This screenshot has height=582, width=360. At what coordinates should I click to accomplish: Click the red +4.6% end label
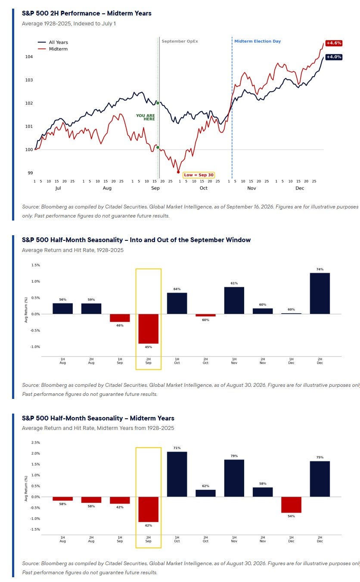334,43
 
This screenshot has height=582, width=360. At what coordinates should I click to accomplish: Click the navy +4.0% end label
334,57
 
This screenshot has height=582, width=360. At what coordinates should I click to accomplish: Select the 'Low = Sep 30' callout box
199,175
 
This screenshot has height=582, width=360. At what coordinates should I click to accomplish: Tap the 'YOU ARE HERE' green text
146,117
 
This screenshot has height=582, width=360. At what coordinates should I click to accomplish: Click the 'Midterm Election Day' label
258,41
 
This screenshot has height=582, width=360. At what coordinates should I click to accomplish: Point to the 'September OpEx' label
180,41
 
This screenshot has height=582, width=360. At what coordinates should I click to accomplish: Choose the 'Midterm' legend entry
53,49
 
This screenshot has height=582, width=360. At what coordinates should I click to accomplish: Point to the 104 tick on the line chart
29,56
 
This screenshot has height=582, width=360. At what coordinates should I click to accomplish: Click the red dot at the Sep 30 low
178,172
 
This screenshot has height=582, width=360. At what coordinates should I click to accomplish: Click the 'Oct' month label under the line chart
203,188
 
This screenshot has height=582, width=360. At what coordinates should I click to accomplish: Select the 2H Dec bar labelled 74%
320,293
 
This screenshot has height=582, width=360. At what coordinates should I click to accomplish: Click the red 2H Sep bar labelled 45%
148,329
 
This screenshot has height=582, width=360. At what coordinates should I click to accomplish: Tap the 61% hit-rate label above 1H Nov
234,283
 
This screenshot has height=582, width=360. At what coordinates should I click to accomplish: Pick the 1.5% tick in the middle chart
36,265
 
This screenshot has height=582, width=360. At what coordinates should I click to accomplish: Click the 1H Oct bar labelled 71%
177,474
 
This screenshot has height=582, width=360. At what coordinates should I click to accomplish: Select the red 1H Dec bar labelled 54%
291,504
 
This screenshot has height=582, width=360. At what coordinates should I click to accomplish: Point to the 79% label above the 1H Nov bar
234,456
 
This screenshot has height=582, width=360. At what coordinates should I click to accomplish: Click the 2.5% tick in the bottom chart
36,442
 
